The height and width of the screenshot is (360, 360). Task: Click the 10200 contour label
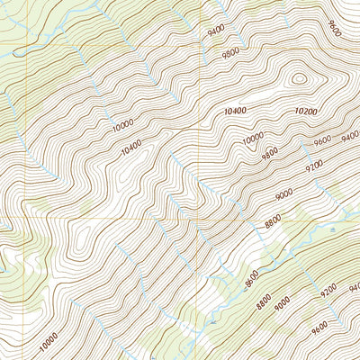click(305, 112)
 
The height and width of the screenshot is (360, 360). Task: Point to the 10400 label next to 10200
click(233, 110)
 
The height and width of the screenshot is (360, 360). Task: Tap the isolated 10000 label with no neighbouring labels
click(49, 339)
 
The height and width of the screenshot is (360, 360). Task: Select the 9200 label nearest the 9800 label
click(314, 166)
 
